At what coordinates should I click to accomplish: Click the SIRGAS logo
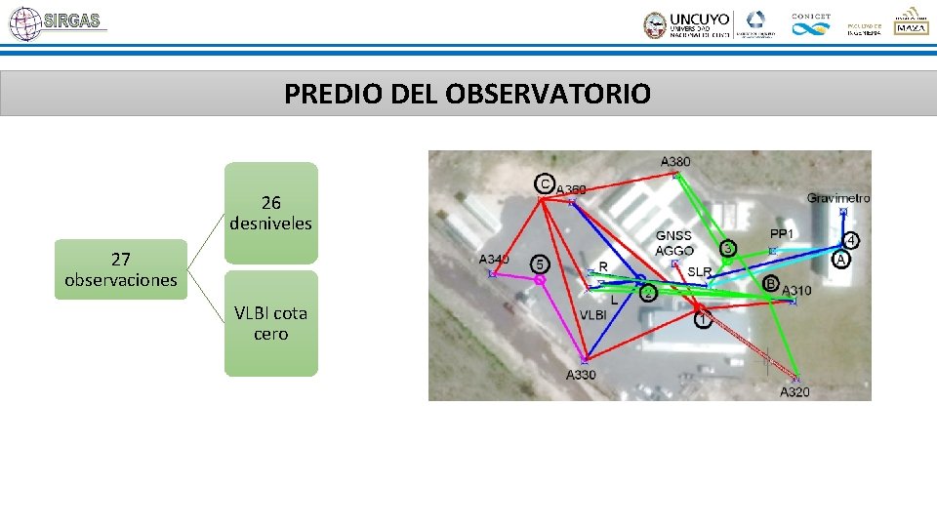coord(56,22)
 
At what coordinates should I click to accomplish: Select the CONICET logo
coord(810,24)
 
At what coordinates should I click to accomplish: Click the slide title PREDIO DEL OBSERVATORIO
coord(467,94)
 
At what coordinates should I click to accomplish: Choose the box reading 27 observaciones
coord(121,269)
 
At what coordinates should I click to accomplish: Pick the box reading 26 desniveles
coord(270,213)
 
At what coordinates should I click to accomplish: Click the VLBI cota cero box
coord(270,323)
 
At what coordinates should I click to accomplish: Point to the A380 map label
coord(675,161)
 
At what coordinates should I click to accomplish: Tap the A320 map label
coord(794,391)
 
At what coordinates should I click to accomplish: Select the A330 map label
coord(581,375)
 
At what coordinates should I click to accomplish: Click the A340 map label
coord(494,260)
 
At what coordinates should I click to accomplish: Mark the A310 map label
coord(796,291)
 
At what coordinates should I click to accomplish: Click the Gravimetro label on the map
coord(837,198)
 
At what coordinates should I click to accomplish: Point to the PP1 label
coord(782,234)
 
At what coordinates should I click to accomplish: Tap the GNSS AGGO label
coord(673,243)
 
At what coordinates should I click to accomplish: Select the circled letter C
coord(545,182)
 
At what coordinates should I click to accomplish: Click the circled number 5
coord(540,264)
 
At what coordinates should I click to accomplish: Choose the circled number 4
coord(851,240)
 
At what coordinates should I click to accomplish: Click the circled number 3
coord(728,249)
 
